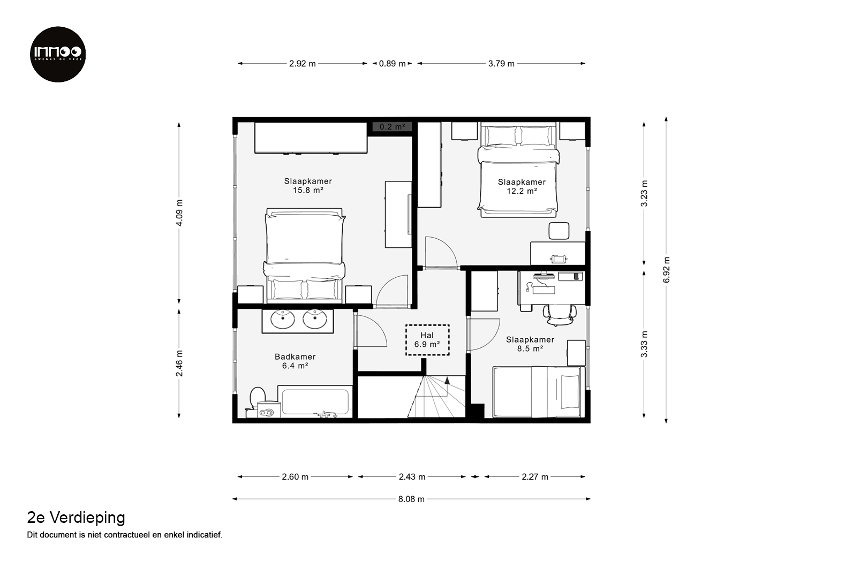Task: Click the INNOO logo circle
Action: click(x=58, y=54)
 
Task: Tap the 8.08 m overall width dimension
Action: click(x=411, y=499)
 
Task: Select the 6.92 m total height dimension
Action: click(x=666, y=270)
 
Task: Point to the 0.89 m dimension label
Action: click(x=393, y=64)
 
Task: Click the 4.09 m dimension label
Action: click(x=179, y=212)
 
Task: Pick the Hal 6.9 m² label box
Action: click(x=427, y=340)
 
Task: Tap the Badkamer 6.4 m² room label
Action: click(x=295, y=361)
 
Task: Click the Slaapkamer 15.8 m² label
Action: click(x=308, y=186)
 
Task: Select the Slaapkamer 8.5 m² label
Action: click(x=530, y=344)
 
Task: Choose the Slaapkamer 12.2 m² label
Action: click(x=522, y=186)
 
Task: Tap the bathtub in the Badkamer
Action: click(x=315, y=402)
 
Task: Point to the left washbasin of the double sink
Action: click(x=283, y=320)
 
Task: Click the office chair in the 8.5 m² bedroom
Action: click(x=560, y=315)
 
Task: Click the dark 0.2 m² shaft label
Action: click(x=393, y=127)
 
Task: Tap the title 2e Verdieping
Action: click(x=76, y=518)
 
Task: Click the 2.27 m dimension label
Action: click(x=535, y=477)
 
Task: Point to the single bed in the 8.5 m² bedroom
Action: click(x=539, y=392)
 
